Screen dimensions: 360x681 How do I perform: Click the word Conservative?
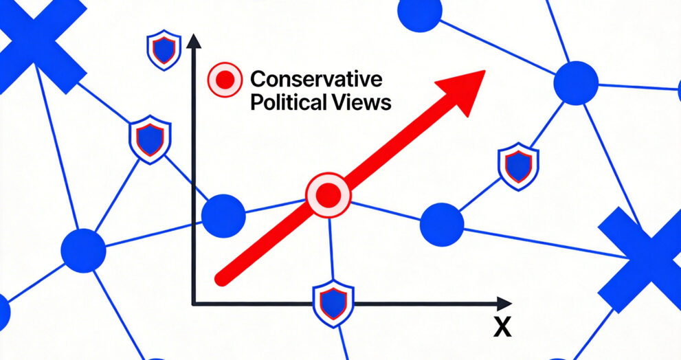pos(316,79)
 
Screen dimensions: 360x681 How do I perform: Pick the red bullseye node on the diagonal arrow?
pos(328,196)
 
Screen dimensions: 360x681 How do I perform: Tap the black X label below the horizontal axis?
pos(503,328)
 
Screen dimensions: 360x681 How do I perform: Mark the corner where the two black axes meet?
pos(193,302)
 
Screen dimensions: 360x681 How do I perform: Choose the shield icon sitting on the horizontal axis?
pos(333,303)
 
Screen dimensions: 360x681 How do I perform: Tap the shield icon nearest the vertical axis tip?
pos(163,50)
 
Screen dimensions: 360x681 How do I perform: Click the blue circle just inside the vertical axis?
pos(223,216)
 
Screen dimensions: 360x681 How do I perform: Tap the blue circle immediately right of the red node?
pos(441,225)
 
